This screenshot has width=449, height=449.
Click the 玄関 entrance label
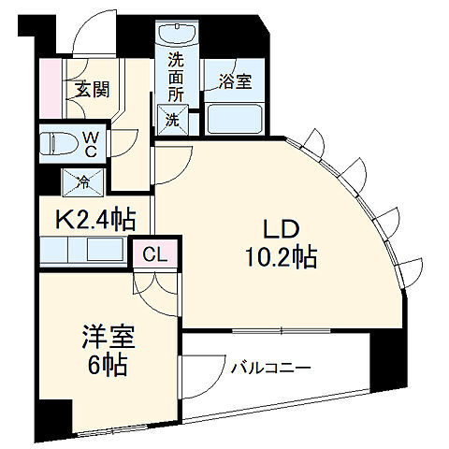pos(91,91)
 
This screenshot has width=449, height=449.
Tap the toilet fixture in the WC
pos(59,145)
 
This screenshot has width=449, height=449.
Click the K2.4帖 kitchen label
pos(96,220)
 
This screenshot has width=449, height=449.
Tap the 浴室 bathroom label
pos(235,82)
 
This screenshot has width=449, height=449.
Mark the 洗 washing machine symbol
pos(173,119)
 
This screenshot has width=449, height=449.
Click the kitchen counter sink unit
pos(85,252)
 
